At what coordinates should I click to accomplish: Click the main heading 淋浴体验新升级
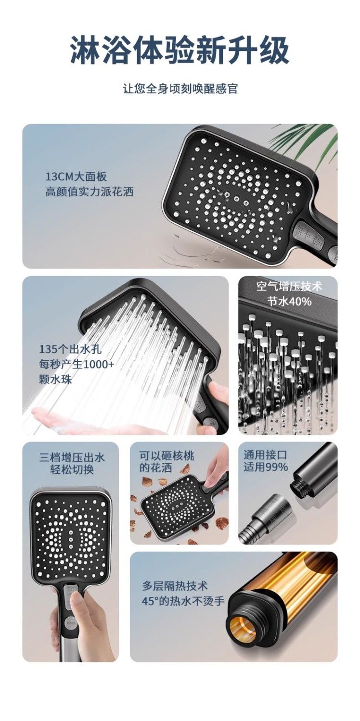coord(180,50)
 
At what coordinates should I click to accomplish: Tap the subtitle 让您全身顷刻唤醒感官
coord(180,89)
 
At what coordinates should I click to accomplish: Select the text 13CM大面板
coord(76,177)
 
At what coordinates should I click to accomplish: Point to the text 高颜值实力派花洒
coord(89,192)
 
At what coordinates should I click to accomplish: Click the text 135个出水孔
coord(70,349)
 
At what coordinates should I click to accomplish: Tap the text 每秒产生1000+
coord(77,365)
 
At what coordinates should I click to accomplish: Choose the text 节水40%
coord(289,302)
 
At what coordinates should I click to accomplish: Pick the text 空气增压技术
coord(289,286)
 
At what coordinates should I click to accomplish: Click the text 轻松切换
coord(72,469)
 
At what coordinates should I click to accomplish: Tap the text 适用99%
coord(266,467)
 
